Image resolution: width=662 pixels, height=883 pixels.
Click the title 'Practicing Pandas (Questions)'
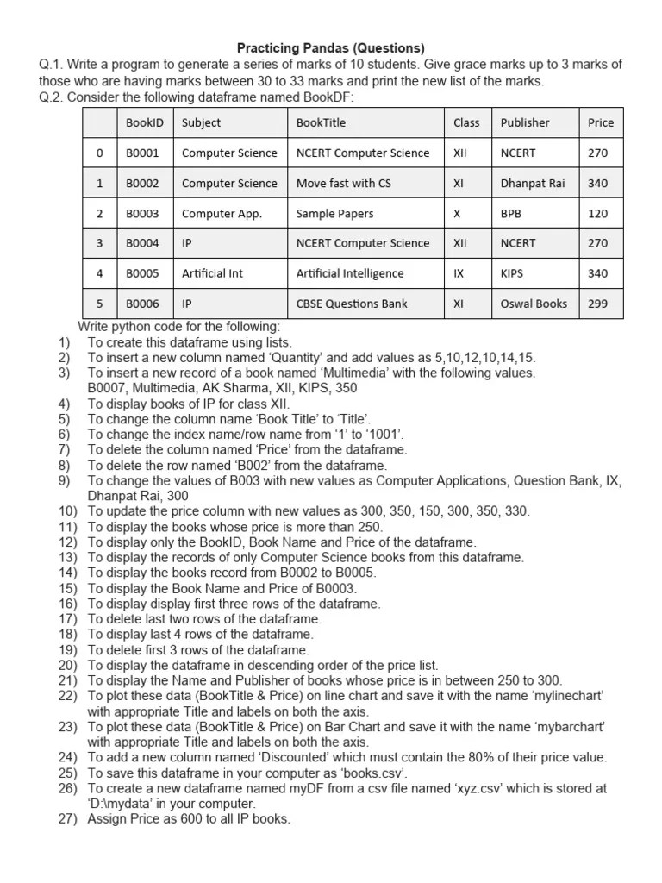[331, 48]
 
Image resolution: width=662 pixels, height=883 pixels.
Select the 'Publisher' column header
[524, 122]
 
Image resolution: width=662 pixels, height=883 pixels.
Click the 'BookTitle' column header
[321, 122]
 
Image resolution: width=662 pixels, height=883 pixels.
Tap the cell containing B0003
[142, 213]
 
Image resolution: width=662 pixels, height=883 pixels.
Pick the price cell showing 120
[597, 213]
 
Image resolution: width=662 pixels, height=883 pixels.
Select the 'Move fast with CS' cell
[343, 183]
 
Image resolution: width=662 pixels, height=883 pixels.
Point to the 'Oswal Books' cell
[534, 304]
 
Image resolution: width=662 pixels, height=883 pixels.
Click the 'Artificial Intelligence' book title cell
[349, 273]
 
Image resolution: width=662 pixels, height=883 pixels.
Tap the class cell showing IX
[459, 273]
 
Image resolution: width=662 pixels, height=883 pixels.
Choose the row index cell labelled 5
[99, 304]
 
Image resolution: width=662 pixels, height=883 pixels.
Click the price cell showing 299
[597, 304]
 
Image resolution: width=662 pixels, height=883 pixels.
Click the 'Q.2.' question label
[51, 97]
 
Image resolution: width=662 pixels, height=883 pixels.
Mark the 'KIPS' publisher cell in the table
[512, 273]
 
